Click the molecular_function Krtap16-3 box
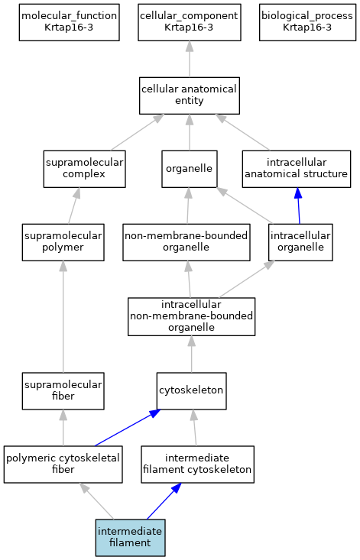click(x=69, y=22)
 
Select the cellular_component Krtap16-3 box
click(x=190, y=22)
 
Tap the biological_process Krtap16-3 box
click(x=307, y=22)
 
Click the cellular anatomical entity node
click(x=190, y=95)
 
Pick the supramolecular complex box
click(x=84, y=169)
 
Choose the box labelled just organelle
click(x=190, y=169)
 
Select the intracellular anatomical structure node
click(x=297, y=169)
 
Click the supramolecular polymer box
click(x=63, y=242)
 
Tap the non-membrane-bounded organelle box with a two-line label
click(x=186, y=242)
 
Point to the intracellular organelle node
click(x=300, y=242)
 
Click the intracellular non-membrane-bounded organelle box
click(x=191, y=316)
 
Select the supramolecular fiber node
click(x=63, y=391)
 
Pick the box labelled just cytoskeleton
click(x=191, y=391)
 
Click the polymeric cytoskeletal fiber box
click(x=63, y=465)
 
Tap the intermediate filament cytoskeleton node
click(x=197, y=465)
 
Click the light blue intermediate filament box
click(x=131, y=538)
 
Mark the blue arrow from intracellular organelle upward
click(x=299, y=206)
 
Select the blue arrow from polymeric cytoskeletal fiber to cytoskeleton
click(x=127, y=428)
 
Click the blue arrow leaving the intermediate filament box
click(x=164, y=501)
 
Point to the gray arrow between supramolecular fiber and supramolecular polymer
click(x=63, y=317)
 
